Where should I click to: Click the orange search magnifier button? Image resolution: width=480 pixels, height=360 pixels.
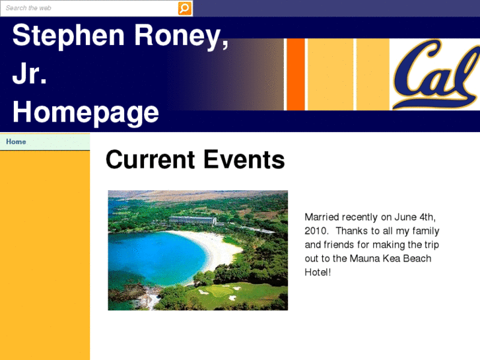tap(185, 8)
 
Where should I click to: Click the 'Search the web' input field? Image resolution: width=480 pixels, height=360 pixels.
tap(88, 8)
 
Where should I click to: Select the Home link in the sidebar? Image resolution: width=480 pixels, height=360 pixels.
tap(17, 142)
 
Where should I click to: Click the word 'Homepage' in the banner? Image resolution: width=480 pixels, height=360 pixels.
tap(85, 112)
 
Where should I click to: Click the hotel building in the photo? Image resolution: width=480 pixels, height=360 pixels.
tap(193, 220)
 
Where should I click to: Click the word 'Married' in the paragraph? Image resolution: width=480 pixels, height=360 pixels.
tap(323, 217)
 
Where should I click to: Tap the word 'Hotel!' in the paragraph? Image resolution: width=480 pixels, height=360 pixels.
tap(318, 272)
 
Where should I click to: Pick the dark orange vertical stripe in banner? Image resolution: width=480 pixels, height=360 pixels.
tap(296, 74)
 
